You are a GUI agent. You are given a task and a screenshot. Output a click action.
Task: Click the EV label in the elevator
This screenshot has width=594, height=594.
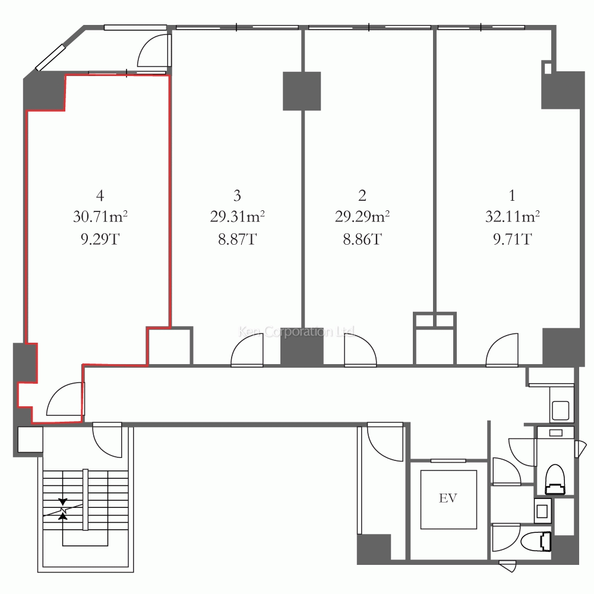pyautogui.click(x=448, y=498)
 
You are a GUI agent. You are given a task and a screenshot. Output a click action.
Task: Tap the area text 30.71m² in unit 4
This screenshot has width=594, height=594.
pyautogui.click(x=100, y=217)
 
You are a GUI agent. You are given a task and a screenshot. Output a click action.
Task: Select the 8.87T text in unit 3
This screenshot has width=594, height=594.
pyautogui.click(x=238, y=239)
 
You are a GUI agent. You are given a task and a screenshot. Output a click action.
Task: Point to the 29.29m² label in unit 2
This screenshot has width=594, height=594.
pyautogui.click(x=362, y=217)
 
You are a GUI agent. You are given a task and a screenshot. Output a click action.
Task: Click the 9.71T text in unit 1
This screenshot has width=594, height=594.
pyautogui.click(x=513, y=239)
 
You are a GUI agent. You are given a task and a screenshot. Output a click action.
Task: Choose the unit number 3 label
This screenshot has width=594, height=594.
pyautogui.click(x=237, y=195)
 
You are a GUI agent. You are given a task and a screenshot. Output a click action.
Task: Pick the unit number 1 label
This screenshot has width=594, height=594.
pyautogui.click(x=512, y=195)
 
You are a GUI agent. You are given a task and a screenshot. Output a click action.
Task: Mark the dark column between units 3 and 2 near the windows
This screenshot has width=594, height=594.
pyautogui.click(x=302, y=91)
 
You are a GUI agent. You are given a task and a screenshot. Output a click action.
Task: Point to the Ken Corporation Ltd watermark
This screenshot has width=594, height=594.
pyautogui.click(x=296, y=332)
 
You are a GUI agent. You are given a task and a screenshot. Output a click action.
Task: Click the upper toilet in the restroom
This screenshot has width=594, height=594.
pyautogui.click(x=555, y=479)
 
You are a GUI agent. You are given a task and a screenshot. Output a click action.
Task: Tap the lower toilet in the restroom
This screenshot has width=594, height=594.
pyautogui.click(x=536, y=541)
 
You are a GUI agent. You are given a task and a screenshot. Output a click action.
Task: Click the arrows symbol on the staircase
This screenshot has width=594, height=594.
pyautogui.click(x=64, y=509)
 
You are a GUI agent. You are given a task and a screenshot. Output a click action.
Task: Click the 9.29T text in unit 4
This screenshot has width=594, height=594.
pyautogui.click(x=100, y=239)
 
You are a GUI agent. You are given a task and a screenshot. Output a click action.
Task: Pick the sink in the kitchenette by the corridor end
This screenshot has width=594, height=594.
pyautogui.click(x=560, y=410)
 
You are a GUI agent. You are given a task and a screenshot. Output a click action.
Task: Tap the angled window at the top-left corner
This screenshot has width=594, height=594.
pyautogui.click(x=50, y=58)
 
